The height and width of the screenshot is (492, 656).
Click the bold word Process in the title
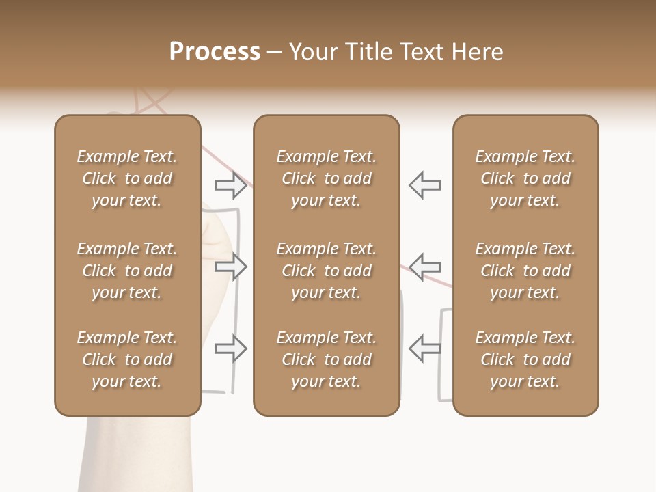[215, 52]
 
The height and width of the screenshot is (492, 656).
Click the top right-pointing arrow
[231, 184]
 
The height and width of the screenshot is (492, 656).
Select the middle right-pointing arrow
[231, 266]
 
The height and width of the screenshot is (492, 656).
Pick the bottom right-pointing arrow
[231, 348]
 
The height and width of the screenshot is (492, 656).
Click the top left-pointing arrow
[424, 184]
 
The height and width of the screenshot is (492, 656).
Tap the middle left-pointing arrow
[424, 266]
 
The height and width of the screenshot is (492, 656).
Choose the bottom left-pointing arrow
[424, 348]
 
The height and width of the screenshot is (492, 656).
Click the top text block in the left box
[127, 178]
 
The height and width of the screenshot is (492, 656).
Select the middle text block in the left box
[127, 271]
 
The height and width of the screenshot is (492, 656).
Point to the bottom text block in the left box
[127, 359]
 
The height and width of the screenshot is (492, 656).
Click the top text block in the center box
[327, 178]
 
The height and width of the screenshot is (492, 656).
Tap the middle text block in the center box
[327, 271]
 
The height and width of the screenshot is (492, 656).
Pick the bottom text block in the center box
[327, 359]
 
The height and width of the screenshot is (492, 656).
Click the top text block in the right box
[525, 178]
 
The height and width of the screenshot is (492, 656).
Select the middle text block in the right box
[525, 271]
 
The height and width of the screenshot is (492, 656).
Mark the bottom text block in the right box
[525, 359]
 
